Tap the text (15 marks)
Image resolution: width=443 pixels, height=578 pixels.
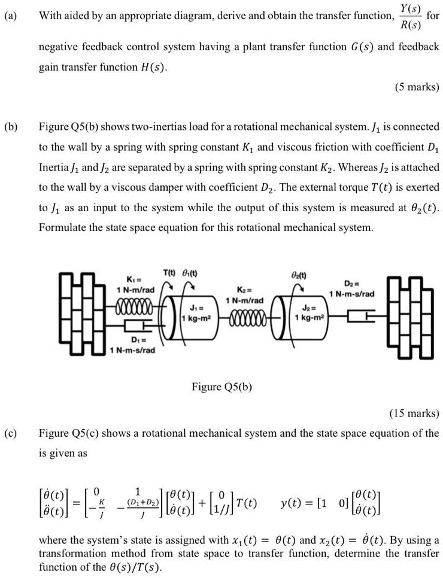click(414, 413)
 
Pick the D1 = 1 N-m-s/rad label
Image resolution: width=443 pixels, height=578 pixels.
click(132, 345)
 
